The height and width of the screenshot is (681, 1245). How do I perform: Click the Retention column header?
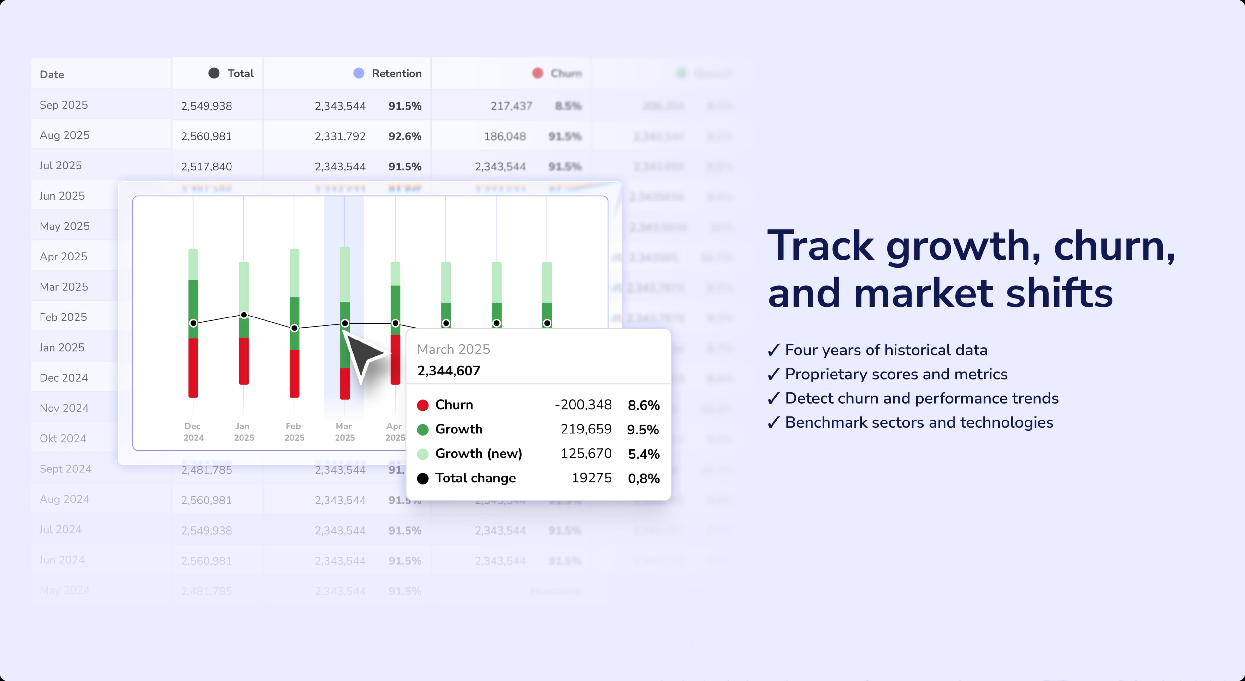[396, 74]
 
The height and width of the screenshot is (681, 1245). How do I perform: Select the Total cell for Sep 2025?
[207, 106]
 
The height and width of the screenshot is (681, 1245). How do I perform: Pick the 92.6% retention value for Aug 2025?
[405, 136]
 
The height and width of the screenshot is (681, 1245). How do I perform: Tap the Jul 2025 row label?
[60, 166]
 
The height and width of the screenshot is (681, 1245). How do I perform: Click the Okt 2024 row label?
[63, 439]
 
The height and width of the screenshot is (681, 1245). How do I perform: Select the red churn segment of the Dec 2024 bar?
[193, 367]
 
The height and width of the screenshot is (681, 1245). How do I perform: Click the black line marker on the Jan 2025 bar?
[244, 315]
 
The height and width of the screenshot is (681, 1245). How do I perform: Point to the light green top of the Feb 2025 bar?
[294, 273]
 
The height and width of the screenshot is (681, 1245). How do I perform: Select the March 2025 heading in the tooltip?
[453, 349]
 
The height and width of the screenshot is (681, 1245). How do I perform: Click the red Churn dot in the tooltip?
[423, 405]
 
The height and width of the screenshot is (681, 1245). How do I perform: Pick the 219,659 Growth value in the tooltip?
[586, 429]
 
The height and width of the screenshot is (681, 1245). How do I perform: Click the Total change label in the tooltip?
[475, 478]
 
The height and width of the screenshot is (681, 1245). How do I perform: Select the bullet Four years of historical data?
[885, 350]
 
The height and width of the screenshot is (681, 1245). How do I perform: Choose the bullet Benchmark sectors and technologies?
[918, 422]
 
